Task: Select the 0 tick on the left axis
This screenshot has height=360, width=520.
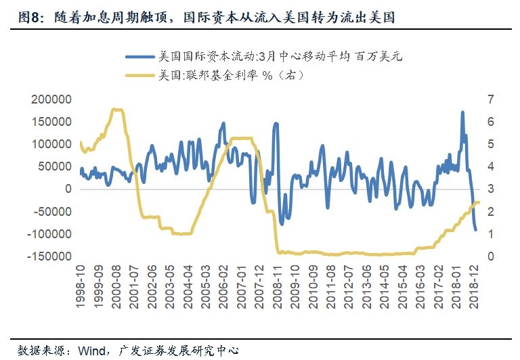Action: click(68, 189)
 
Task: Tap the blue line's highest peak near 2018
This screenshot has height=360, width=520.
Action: click(462, 112)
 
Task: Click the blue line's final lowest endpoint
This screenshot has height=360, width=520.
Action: click(475, 230)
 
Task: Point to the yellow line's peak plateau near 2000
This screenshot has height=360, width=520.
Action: click(117, 109)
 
